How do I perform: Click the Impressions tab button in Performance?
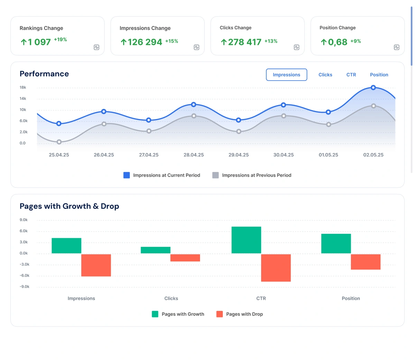(286, 75)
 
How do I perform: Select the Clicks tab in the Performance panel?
(325, 75)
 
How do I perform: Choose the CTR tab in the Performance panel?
(351, 75)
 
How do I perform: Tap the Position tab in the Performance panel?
(379, 75)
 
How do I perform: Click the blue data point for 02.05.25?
(373, 88)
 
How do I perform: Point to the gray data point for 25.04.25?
(59, 142)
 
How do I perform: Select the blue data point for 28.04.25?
(194, 104)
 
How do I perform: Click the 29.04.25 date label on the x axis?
(239, 155)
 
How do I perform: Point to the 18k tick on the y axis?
(23, 87)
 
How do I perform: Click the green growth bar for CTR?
(246, 240)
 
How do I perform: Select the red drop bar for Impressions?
(96, 265)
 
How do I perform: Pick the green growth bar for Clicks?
(156, 250)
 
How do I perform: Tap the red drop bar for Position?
(366, 262)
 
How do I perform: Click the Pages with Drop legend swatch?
(220, 314)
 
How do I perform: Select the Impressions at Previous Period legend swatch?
(215, 175)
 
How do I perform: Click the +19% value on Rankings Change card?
(61, 39)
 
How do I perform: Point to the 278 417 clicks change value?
(245, 42)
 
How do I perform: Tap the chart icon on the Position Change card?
(397, 47)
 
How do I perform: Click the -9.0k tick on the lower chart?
(25, 287)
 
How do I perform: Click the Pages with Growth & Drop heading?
(69, 206)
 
